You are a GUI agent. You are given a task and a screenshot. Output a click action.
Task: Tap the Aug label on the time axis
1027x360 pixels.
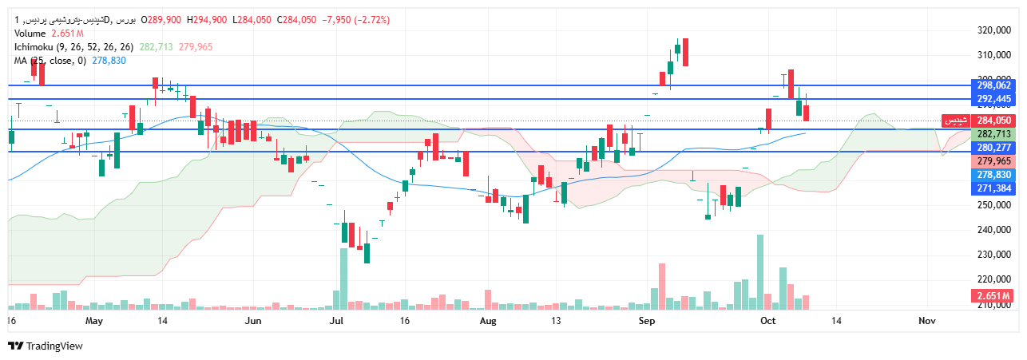click(489, 321)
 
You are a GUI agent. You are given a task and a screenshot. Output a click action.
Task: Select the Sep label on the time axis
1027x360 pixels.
click(647, 321)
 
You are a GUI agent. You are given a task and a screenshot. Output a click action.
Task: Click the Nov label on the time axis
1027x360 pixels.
click(926, 321)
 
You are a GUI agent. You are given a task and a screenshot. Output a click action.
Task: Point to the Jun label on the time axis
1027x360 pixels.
click(253, 321)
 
